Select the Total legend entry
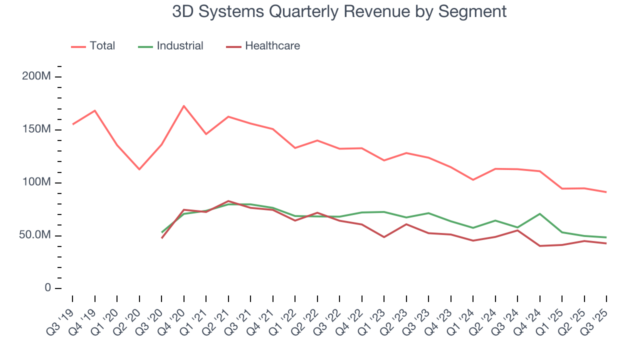(x=102, y=46)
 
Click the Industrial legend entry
(x=179, y=46)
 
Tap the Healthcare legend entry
(x=272, y=46)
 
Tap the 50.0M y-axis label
(x=34, y=235)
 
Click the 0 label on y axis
(x=47, y=288)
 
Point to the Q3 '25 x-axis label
(x=595, y=320)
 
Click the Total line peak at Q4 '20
(x=184, y=106)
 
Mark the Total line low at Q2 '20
(x=139, y=169)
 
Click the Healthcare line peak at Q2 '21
(x=228, y=201)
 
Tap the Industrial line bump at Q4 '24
(x=540, y=214)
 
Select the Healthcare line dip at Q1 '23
(x=384, y=237)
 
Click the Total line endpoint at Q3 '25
(x=606, y=192)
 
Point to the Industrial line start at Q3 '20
(x=162, y=232)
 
